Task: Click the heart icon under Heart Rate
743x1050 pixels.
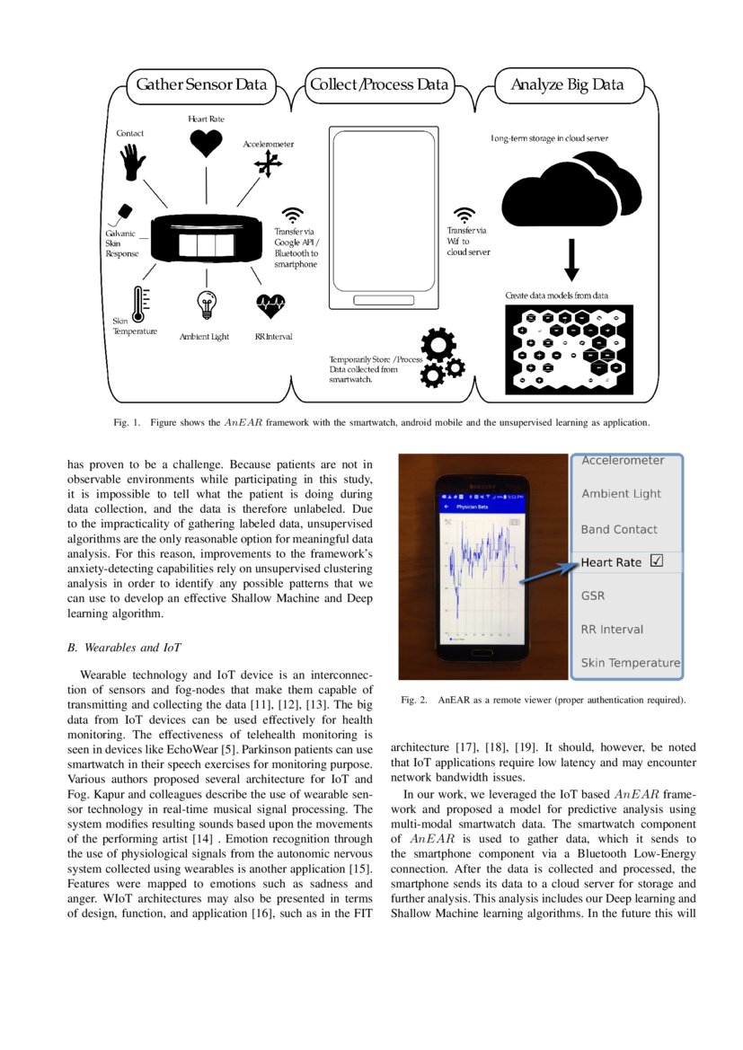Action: [x=206, y=143]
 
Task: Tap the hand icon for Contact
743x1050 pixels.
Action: [x=133, y=162]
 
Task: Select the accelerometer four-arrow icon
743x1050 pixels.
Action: [x=268, y=163]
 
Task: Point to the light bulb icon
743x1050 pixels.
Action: [x=206, y=305]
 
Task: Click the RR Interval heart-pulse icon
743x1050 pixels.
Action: [x=270, y=306]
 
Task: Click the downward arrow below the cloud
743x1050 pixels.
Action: [x=571, y=261]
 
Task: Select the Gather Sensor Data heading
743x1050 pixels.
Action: [x=200, y=85]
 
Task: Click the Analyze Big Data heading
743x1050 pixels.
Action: [x=566, y=85]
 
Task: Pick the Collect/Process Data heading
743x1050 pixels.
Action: [x=378, y=85]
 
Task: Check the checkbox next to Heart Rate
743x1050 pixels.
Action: [x=656, y=561]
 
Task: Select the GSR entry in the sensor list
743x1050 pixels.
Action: [x=593, y=595]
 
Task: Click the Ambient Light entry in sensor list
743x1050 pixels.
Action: [x=621, y=493]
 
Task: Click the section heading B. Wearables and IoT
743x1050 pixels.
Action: [x=123, y=645]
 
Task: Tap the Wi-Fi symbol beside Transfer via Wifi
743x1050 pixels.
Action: [x=464, y=215]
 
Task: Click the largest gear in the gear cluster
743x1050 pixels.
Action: [x=438, y=345]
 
